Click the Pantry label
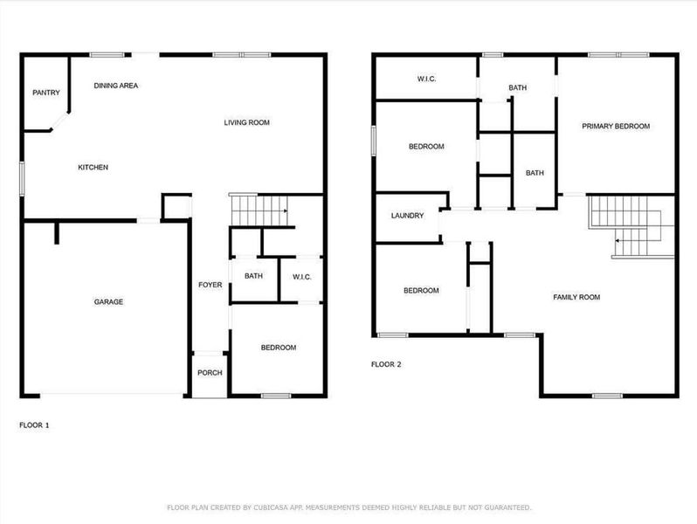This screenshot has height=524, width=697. [x=45, y=93]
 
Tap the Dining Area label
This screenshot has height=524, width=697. [x=116, y=86]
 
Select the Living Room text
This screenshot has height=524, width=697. [x=246, y=122]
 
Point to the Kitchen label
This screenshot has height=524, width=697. [x=93, y=167]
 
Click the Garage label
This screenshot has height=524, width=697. [x=108, y=302]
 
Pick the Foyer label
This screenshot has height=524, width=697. [x=210, y=285]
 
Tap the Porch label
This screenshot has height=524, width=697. [x=210, y=373]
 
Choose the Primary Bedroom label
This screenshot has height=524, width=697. [x=616, y=126]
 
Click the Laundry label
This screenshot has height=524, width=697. [x=407, y=216]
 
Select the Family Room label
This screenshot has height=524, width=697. [x=576, y=297]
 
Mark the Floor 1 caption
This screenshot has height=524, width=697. [x=34, y=424]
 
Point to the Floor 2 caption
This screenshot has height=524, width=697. [x=386, y=364]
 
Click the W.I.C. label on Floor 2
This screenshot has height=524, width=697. [x=426, y=79]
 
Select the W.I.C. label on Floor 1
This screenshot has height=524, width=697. [x=301, y=277]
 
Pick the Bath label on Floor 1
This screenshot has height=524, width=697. [x=253, y=277]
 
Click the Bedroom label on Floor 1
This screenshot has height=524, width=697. [x=278, y=348]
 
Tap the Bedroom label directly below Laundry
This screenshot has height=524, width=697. [x=420, y=291]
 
